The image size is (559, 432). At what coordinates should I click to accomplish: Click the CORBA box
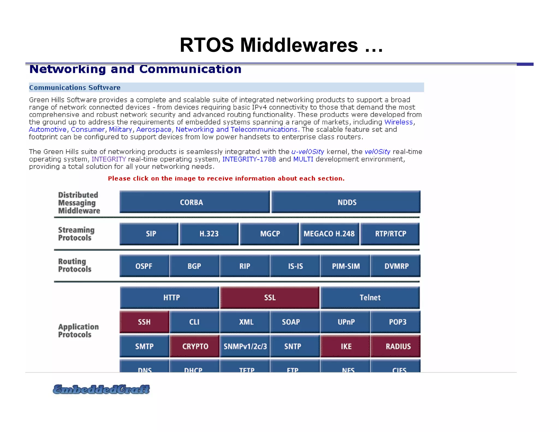point(194,202)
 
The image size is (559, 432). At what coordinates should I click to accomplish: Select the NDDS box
point(346,202)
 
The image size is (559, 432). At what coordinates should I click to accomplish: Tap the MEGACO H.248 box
point(329,234)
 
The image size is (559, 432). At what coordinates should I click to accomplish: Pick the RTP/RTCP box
point(390,234)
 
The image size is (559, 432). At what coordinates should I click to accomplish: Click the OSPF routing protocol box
point(144,266)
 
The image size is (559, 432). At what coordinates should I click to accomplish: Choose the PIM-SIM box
point(346,266)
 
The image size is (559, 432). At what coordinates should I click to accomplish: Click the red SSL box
point(270,297)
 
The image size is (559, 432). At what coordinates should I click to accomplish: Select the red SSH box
point(144,322)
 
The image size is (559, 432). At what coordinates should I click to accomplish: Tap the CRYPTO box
point(195,346)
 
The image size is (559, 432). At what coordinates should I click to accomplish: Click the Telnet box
point(370,297)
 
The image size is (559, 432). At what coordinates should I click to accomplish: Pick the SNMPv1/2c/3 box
point(245,346)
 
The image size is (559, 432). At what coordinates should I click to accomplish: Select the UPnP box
point(346,322)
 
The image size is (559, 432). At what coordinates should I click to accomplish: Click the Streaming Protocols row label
point(76,234)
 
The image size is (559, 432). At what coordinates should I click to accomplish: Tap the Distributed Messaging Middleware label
point(79,203)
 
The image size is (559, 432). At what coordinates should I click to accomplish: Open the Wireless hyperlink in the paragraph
point(398,122)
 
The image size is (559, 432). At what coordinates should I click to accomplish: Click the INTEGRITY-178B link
point(249,159)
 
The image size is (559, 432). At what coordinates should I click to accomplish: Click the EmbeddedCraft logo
point(101,389)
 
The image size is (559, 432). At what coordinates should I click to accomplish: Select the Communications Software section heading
point(75,87)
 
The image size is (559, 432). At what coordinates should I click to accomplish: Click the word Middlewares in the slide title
point(299,45)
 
